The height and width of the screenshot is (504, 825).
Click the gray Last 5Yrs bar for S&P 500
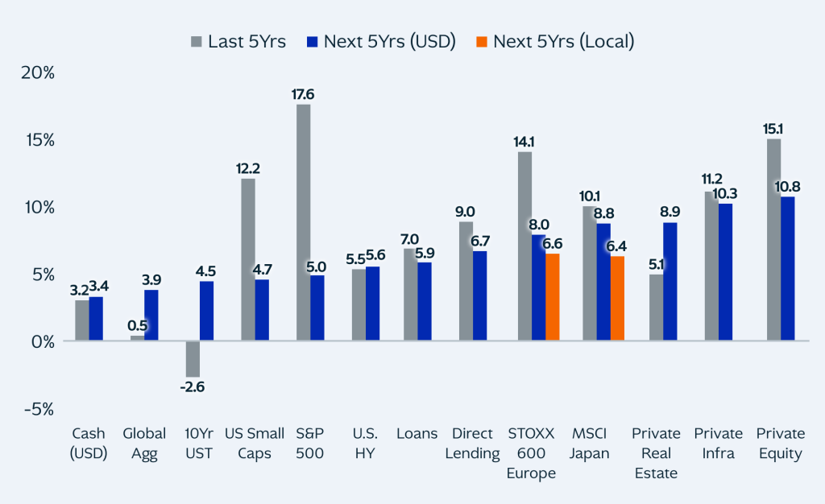point(303,222)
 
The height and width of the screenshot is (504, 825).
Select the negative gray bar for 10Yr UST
point(193,359)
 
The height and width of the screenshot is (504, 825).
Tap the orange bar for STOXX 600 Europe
point(552,297)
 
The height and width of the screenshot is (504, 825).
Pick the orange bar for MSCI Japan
point(616,298)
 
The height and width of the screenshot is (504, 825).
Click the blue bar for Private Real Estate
point(670,282)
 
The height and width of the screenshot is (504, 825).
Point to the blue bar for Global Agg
point(151,316)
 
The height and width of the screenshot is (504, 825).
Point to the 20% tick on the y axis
point(38,72)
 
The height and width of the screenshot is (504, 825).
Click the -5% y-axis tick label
point(39,409)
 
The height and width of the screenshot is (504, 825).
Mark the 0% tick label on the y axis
point(42,341)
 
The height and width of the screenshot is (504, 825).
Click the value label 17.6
point(303,94)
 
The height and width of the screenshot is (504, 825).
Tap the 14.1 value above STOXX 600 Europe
point(524,142)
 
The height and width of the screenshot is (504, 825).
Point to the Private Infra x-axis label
point(718,443)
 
